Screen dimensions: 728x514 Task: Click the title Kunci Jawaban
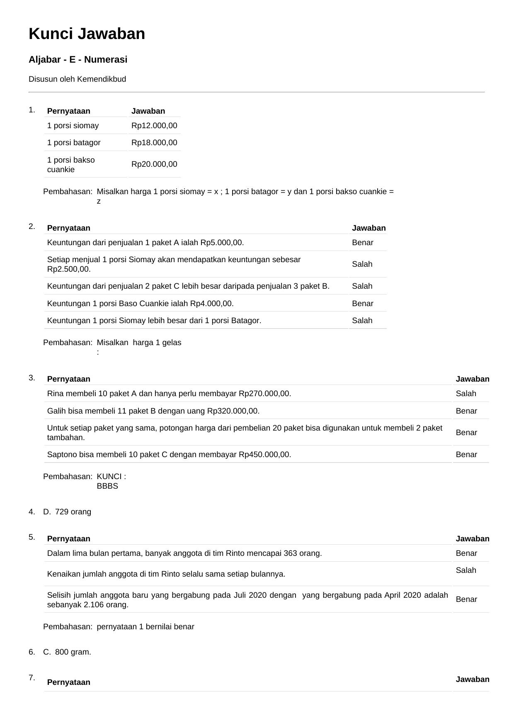87,34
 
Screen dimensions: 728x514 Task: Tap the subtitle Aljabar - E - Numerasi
78,60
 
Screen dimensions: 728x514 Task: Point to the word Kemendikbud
102,79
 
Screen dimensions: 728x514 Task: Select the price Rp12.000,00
154,126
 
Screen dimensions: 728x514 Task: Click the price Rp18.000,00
154,143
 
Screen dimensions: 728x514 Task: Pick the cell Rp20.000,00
154,164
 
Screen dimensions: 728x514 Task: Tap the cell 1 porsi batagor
74,143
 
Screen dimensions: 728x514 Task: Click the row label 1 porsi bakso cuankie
71,165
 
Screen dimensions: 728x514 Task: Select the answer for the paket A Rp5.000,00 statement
363,243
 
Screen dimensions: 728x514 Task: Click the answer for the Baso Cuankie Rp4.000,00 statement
363,304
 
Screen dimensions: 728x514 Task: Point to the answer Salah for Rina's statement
466,394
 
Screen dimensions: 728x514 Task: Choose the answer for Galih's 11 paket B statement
466,411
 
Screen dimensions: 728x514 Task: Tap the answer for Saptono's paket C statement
466,455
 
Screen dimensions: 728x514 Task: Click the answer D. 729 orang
68,512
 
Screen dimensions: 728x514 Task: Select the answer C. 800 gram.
68,652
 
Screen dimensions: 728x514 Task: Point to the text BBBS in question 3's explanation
107,486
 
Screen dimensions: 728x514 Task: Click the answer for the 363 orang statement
466,553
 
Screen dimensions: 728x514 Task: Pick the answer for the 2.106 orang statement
466,599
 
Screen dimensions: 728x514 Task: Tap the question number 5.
32,537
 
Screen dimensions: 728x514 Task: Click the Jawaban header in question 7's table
473,679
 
